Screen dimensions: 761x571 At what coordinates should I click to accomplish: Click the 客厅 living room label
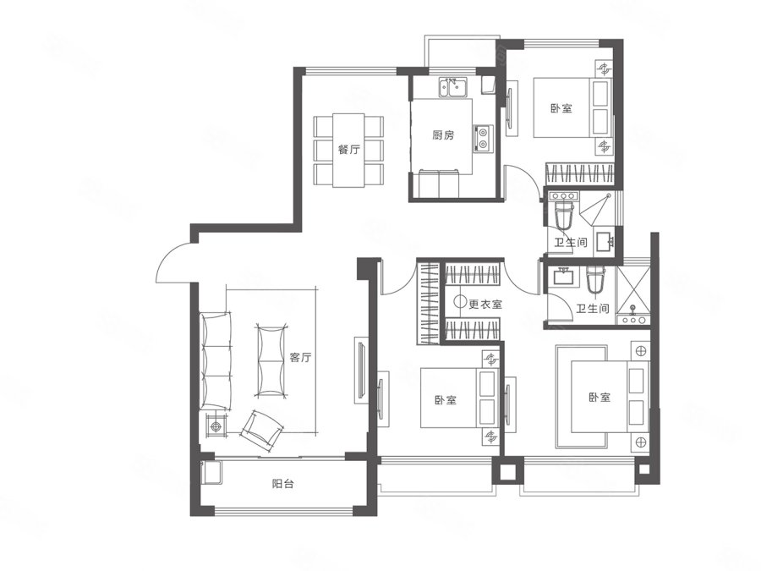tap(300, 358)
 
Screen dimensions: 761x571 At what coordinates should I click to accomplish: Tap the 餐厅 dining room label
tap(348, 149)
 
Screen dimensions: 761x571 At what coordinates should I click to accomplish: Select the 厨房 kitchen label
tap(443, 135)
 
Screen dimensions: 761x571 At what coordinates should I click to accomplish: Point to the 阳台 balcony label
tap(282, 484)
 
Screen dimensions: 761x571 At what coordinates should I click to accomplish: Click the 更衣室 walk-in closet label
tap(485, 305)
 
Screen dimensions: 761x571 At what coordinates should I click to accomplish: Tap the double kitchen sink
tap(453, 88)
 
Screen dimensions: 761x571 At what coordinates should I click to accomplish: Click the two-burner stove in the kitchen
tap(483, 137)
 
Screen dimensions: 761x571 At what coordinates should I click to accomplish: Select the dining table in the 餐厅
tap(348, 151)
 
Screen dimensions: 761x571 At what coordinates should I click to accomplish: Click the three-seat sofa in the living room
tap(216, 361)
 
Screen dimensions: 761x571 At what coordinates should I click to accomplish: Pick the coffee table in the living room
tap(271, 360)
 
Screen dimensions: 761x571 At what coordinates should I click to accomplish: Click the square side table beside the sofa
tap(215, 426)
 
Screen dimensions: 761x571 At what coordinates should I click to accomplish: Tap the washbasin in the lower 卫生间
tap(563, 277)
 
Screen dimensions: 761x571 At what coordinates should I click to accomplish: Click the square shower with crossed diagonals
tap(632, 289)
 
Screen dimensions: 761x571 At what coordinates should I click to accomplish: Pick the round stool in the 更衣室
tap(460, 301)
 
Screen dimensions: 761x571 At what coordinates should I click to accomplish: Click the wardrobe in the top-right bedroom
tap(580, 173)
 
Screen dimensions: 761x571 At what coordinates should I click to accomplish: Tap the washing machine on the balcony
tap(211, 472)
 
